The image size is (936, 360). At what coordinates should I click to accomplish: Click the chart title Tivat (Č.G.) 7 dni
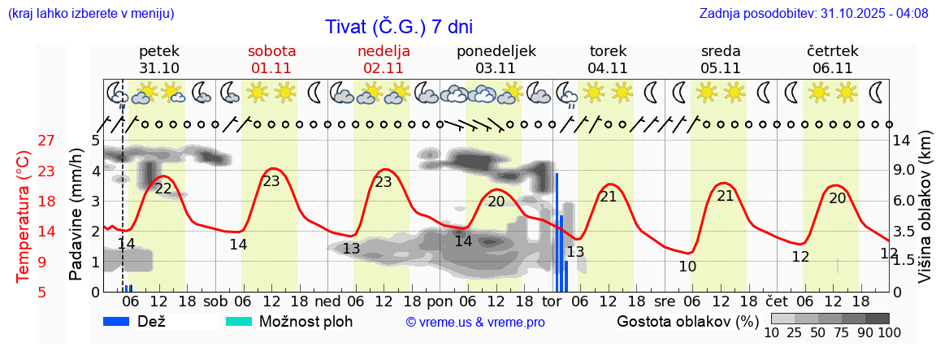click(398, 26)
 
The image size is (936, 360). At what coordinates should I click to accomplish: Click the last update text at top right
click(813, 13)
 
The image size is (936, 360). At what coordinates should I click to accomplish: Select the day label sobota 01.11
click(271, 59)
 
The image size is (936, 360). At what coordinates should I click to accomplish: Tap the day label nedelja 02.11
click(383, 59)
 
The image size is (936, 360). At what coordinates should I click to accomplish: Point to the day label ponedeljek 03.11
click(496, 59)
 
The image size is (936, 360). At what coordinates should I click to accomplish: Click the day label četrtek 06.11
click(832, 59)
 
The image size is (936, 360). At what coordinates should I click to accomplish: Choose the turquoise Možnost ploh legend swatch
click(239, 321)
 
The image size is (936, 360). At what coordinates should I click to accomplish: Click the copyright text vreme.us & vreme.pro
click(475, 322)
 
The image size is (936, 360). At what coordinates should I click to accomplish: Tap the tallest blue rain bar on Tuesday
click(557, 232)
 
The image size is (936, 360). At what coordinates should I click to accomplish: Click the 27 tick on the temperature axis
click(46, 141)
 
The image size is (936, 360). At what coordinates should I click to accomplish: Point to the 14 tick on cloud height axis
click(902, 141)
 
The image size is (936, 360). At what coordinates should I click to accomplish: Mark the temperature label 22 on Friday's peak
click(163, 189)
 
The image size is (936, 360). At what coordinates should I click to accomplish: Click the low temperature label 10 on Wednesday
click(687, 266)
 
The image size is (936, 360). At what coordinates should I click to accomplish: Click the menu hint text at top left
click(90, 13)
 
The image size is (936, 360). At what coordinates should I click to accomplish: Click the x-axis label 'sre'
click(664, 300)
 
